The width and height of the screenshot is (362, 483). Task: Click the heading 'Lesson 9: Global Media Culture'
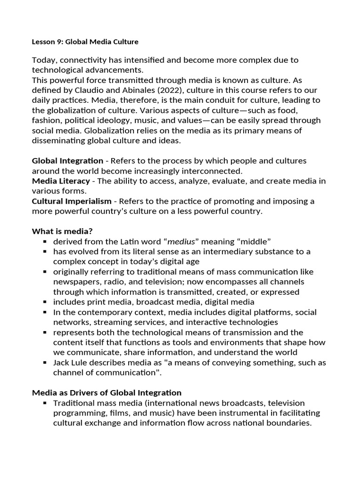85,42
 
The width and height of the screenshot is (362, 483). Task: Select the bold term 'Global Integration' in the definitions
67,161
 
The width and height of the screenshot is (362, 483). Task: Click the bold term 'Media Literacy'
61,181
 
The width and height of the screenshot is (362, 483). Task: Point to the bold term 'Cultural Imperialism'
72,201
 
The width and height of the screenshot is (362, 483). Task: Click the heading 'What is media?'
62,231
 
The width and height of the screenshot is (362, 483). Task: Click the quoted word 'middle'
250,241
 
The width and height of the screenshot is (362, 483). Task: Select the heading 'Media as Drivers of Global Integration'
107,392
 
